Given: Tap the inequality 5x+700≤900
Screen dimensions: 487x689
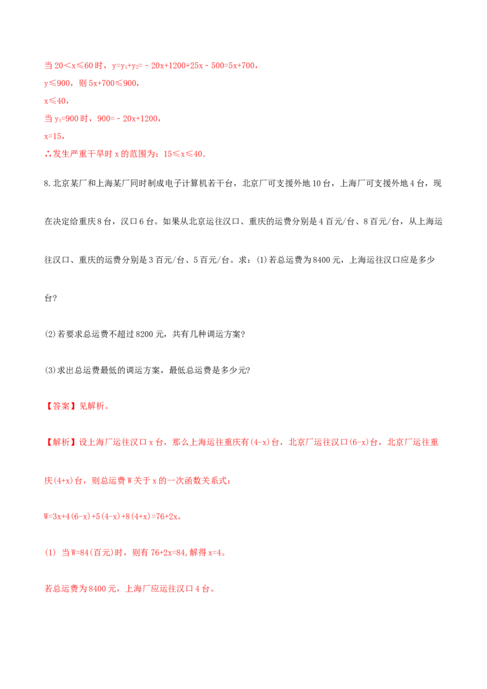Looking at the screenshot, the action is click(x=113, y=83).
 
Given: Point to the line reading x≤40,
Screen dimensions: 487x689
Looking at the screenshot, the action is click(x=56, y=100).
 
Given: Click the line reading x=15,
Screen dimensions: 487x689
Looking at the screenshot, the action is click(x=55, y=136).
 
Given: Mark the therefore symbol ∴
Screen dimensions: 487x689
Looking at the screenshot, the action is click(x=48, y=154).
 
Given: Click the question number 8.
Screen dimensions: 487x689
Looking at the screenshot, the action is click(x=47, y=183).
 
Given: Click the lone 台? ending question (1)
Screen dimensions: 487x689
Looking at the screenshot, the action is click(x=51, y=298).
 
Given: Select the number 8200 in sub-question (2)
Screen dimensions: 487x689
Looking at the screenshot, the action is click(x=144, y=334).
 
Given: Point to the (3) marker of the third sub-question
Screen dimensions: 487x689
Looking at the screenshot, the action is click(x=51, y=370).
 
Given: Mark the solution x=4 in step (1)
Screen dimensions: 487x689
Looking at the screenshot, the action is click(x=215, y=552).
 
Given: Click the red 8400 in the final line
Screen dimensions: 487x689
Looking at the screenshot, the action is click(x=97, y=589).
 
